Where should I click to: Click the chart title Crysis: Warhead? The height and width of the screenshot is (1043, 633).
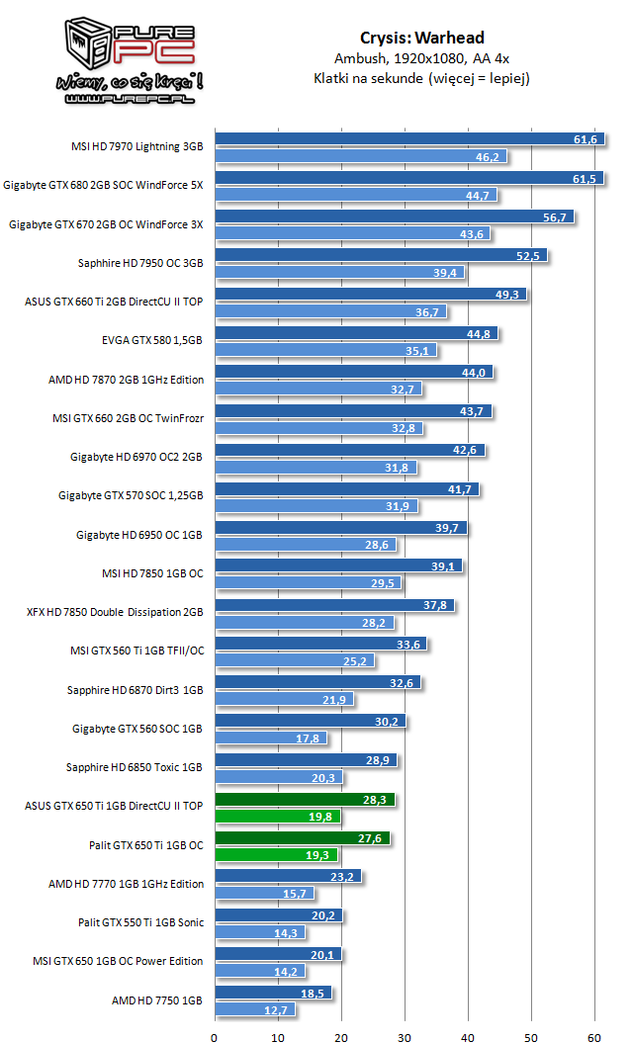pos(421,39)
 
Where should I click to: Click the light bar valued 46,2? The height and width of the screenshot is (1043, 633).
pos(360,156)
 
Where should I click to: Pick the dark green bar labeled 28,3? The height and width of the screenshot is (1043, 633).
pos(304,799)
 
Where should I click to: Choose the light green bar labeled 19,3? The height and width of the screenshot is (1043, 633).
pos(276,855)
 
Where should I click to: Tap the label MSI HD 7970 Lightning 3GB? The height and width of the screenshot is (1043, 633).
pos(136,146)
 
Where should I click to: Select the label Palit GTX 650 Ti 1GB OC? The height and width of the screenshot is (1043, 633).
pos(146,845)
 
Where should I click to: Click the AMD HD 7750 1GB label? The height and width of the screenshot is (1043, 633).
pos(158,1000)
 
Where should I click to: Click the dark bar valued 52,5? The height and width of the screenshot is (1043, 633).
pos(380,255)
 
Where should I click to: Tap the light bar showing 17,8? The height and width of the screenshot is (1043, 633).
pos(270,739)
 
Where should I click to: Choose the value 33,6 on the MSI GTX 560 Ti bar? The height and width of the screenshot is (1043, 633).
pos(408,645)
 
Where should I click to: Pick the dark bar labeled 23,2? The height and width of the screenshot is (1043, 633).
pos(287,876)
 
